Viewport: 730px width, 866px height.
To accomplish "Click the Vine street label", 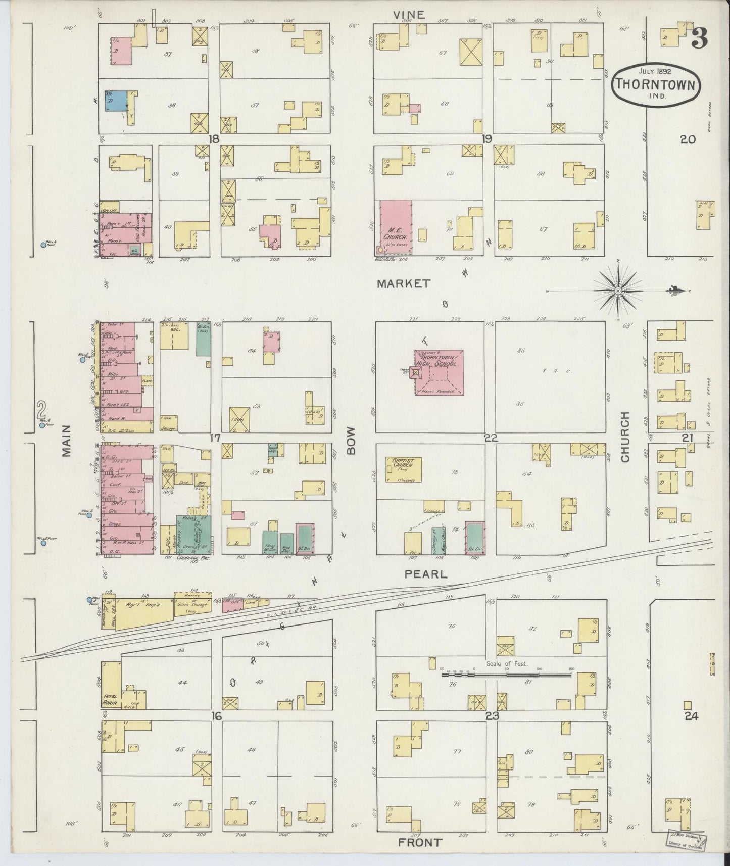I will (410, 15).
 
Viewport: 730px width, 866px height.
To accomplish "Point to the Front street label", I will (420, 843).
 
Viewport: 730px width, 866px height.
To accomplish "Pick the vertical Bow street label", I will (352, 440).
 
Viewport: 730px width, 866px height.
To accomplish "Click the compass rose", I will (618, 291).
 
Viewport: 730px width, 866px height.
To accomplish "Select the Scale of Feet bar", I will (505, 673).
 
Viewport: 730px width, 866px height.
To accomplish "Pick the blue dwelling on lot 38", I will (115, 101).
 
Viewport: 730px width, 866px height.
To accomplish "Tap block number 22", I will (491, 438).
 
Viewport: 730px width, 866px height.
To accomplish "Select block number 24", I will (691, 716).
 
